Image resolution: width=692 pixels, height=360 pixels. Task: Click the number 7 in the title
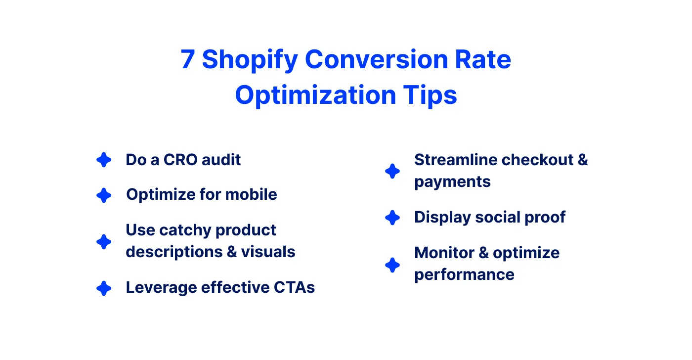click(x=188, y=60)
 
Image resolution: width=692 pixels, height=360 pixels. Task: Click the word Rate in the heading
click(x=486, y=60)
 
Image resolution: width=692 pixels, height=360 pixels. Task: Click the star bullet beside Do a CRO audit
click(x=104, y=160)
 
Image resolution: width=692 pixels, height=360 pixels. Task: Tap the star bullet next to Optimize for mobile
click(x=104, y=195)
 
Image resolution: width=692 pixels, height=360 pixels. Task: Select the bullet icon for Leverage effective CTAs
click(x=104, y=288)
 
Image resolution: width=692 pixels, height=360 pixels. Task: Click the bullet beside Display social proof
click(x=392, y=218)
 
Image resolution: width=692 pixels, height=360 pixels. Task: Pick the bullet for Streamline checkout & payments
click(x=392, y=171)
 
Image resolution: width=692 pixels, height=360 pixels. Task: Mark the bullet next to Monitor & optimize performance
click(x=392, y=265)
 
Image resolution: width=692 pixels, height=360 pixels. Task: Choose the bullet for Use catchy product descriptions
click(x=104, y=242)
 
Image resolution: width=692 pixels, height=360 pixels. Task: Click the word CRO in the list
click(x=181, y=160)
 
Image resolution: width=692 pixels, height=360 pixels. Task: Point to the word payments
click(x=452, y=182)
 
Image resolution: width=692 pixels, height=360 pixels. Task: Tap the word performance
click(x=464, y=274)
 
